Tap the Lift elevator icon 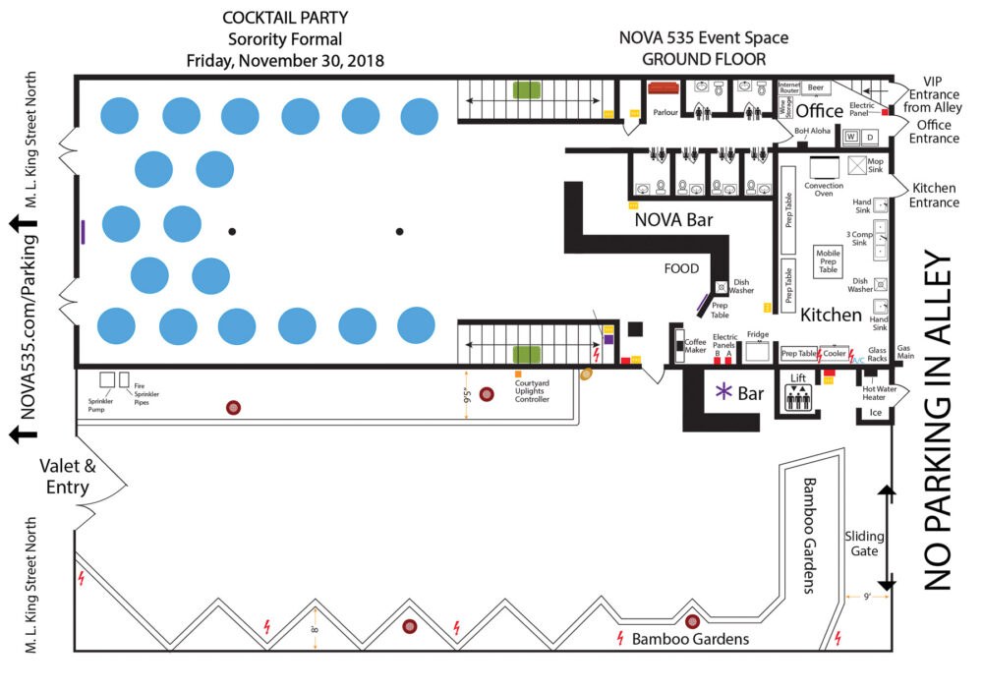(797, 397)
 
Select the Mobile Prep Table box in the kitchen (829, 261)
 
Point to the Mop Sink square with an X (858, 165)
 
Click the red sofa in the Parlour (665, 88)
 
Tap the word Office (819, 110)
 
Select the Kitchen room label (831, 316)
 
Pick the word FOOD (681, 268)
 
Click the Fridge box (757, 353)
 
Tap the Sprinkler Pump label (103, 403)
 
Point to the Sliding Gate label (864, 544)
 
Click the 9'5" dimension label (470, 397)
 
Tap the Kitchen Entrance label (935, 195)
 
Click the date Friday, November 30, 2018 (284, 61)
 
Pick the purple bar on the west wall (83, 232)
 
